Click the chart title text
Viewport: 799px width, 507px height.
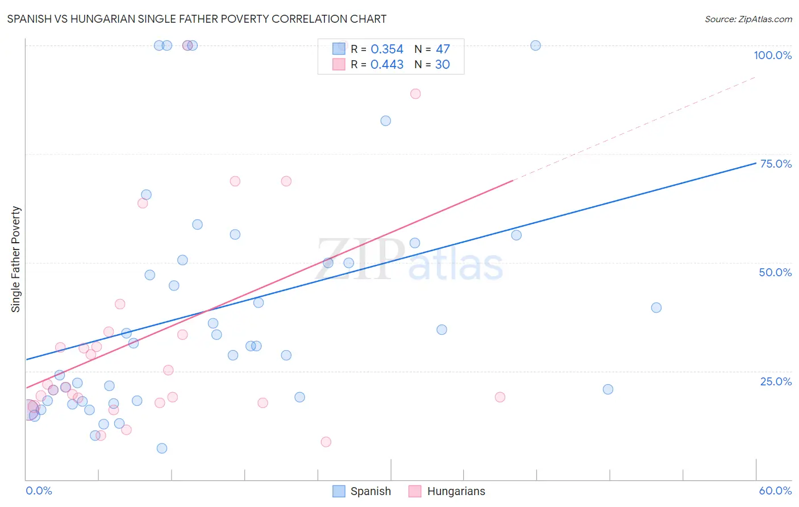pyautogui.click(x=197, y=19)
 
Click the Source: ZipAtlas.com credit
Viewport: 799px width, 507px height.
pyautogui.click(x=748, y=19)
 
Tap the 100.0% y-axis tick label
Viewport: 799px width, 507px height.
pyautogui.click(x=772, y=55)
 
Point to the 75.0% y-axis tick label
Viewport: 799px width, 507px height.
pyautogui.click(x=776, y=164)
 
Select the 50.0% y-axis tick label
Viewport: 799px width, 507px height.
pyautogui.click(x=775, y=272)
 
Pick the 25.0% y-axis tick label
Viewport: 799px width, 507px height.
pyautogui.click(x=776, y=381)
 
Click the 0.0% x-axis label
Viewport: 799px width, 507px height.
pyautogui.click(x=39, y=491)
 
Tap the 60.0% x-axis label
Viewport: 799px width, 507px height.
pyautogui.click(x=775, y=491)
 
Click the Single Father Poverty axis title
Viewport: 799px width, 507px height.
pyautogui.click(x=16, y=259)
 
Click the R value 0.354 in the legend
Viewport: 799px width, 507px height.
pyautogui.click(x=387, y=49)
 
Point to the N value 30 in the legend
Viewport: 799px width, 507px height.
pyautogui.click(x=442, y=65)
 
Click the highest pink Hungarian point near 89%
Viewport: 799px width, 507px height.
pyautogui.click(x=415, y=94)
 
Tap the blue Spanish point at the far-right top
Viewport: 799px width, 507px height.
pyautogui.click(x=535, y=45)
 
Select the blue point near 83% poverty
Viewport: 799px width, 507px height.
pyautogui.click(x=386, y=120)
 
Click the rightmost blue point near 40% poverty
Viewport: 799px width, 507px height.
pyautogui.click(x=656, y=307)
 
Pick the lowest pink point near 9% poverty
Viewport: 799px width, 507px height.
pyautogui.click(x=326, y=442)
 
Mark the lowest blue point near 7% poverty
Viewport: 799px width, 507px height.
pyautogui.click(x=162, y=448)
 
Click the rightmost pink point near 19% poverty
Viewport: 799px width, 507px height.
pyautogui.click(x=500, y=397)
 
